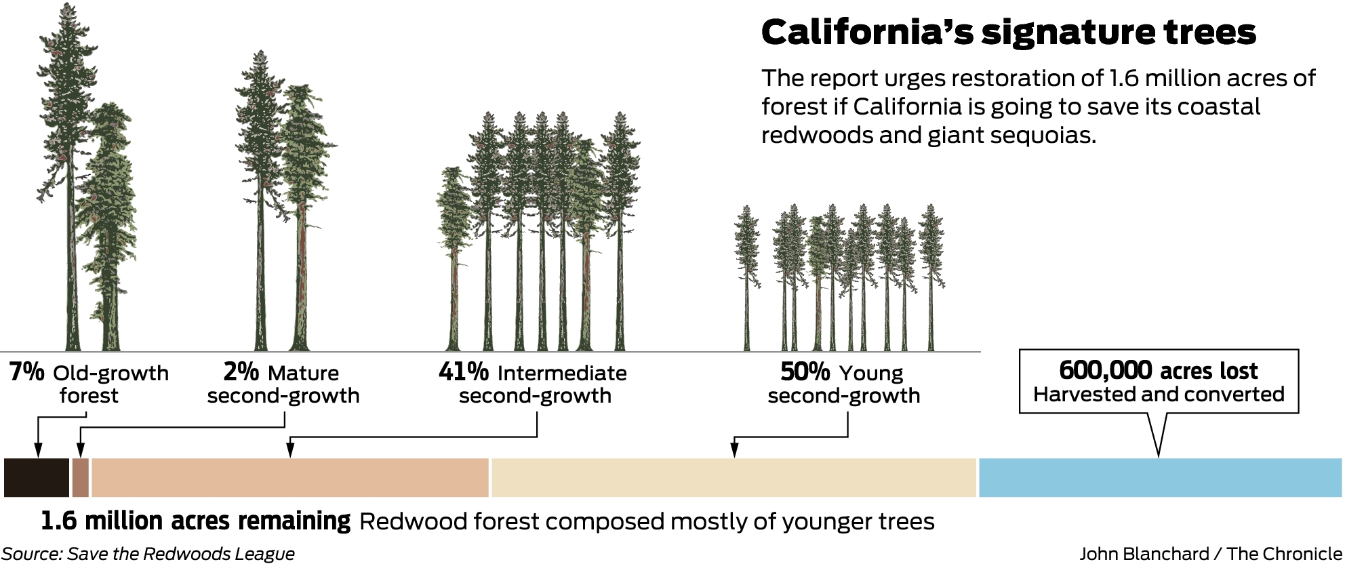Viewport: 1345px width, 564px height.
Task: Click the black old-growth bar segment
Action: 37,477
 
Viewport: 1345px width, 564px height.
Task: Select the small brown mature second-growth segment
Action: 81,477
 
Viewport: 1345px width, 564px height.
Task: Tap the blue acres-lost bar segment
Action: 1160,477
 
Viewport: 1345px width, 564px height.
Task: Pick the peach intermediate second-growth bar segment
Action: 290,477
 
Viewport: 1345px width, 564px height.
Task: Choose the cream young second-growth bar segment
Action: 734,477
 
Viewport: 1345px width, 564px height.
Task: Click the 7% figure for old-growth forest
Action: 27,372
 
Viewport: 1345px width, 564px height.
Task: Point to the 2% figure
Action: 241,372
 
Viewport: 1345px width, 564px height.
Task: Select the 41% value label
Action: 464,372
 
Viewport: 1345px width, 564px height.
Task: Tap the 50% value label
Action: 805,372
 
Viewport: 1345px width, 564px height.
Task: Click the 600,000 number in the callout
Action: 1105,370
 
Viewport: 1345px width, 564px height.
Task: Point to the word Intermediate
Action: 562,373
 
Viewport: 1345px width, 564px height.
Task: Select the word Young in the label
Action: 871,374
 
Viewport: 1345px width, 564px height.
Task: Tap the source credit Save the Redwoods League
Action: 181,554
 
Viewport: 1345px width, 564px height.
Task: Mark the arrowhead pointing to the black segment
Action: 38,450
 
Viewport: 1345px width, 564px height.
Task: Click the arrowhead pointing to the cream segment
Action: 734,450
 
